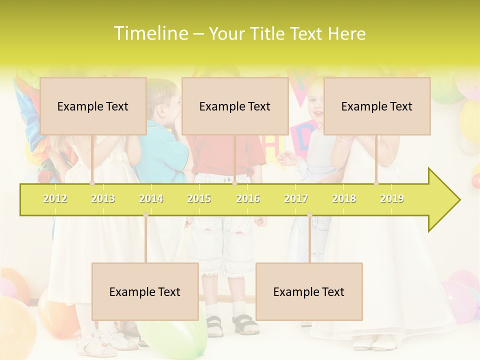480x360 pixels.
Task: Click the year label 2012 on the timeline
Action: (x=55, y=198)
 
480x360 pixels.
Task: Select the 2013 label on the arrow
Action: (x=103, y=198)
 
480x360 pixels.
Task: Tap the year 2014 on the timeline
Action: (x=151, y=198)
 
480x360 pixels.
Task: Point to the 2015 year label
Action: (x=199, y=198)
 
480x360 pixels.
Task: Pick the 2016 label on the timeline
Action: (x=248, y=198)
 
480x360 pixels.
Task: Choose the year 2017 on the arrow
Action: (x=296, y=198)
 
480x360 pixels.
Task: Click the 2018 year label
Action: (x=344, y=198)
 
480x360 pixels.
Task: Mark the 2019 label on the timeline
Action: (x=392, y=198)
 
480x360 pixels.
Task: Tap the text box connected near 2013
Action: (x=93, y=106)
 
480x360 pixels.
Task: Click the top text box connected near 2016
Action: (x=235, y=106)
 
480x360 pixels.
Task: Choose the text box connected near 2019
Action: (x=377, y=106)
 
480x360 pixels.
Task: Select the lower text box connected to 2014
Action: (x=145, y=291)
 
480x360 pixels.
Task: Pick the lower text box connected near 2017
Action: (x=309, y=291)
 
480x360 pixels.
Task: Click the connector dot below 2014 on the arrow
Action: (x=145, y=215)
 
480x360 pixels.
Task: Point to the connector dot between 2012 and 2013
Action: (x=92, y=183)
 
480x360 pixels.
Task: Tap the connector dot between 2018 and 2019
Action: (x=376, y=183)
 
